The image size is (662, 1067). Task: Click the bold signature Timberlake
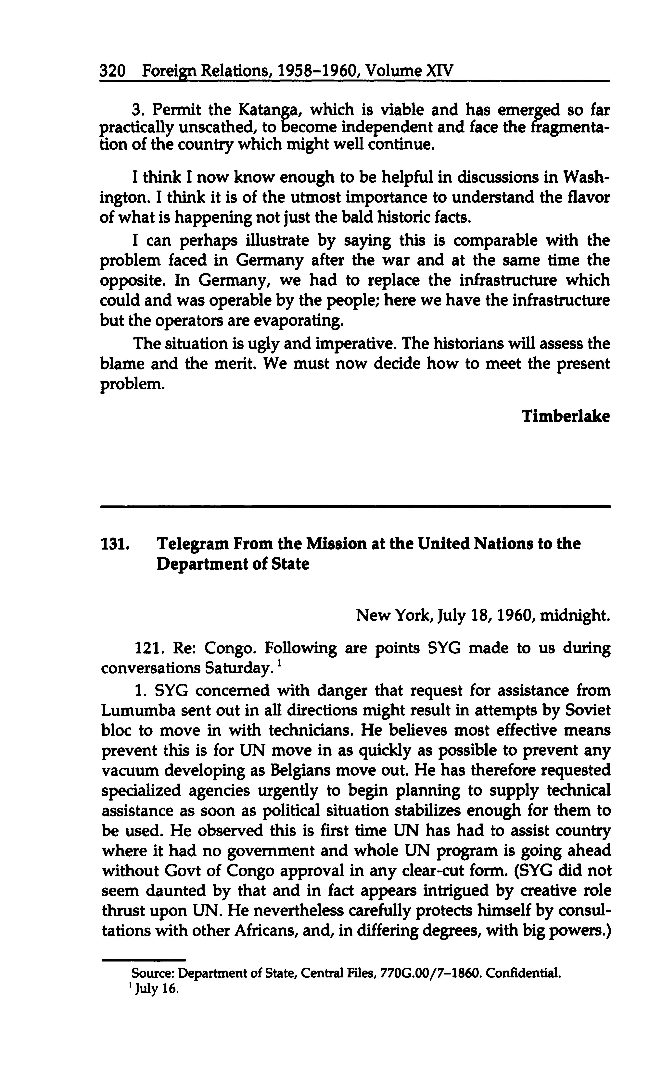tap(565, 416)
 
